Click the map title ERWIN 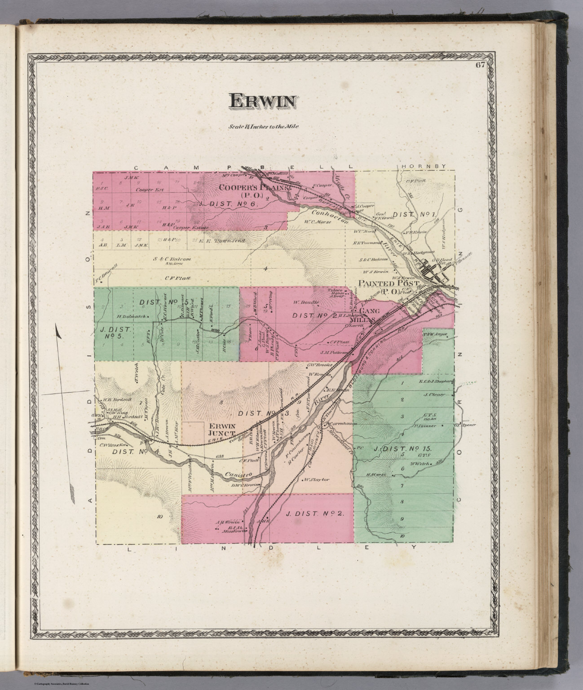[x=263, y=101]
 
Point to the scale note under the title [x=263, y=126]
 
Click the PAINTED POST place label [x=389, y=284]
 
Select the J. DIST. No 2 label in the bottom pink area [x=316, y=513]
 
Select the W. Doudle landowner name [x=307, y=302]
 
